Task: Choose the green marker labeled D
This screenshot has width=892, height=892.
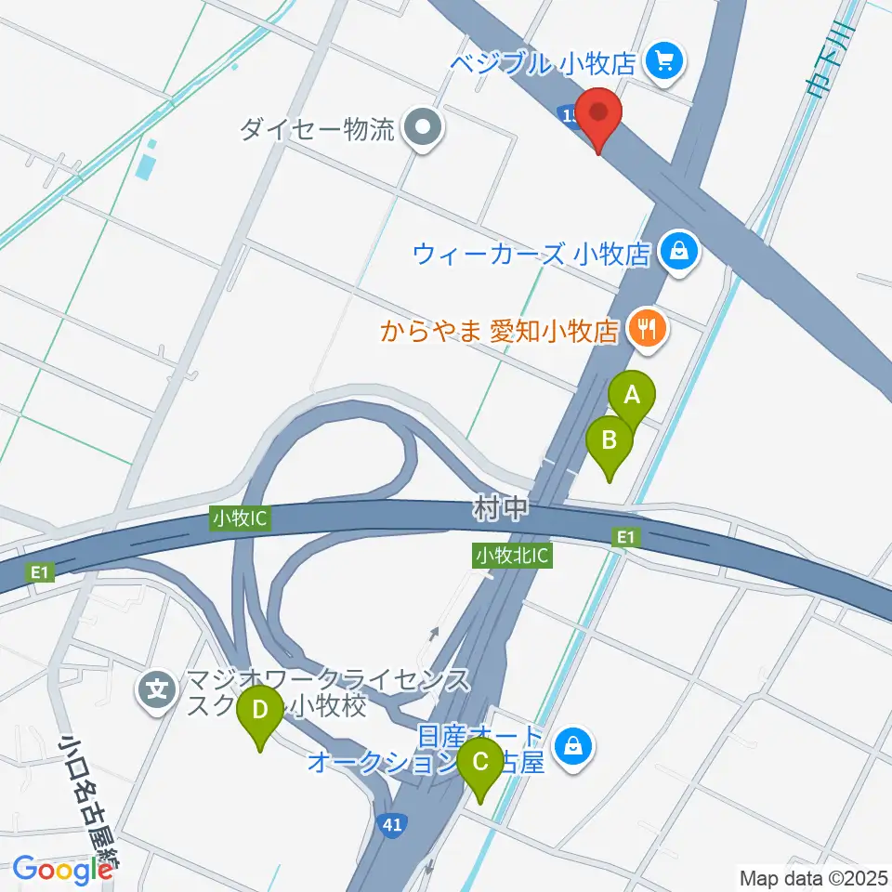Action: tap(260, 714)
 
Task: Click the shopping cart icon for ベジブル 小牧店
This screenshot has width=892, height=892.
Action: tap(664, 62)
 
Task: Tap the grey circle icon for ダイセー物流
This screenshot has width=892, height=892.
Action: tap(425, 128)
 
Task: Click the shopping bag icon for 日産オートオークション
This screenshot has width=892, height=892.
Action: tap(573, 745)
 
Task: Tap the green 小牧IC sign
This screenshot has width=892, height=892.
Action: tap(240, 518)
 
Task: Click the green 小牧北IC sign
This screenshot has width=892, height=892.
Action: tap(513, 556)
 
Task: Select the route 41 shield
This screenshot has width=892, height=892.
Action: tap(393, 823)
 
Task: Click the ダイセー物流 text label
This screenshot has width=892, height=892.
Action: tap(317, 128)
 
